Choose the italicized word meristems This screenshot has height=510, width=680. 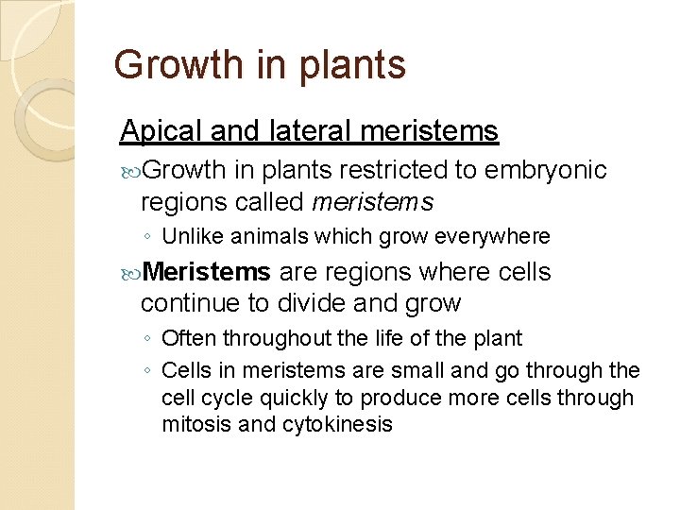click(x=372, y=201)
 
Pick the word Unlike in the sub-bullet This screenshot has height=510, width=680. click(x=190, y=235)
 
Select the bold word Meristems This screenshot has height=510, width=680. click(x=209, y=273)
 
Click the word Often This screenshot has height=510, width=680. click(x=186, y=338)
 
